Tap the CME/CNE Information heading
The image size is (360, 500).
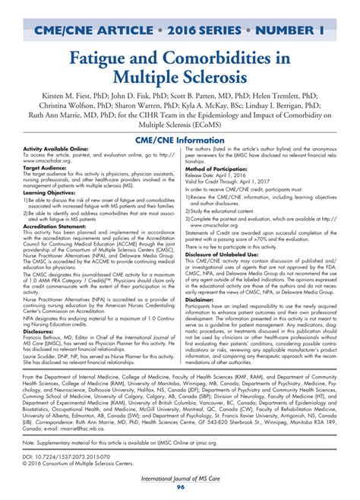(x=179, y=138)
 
